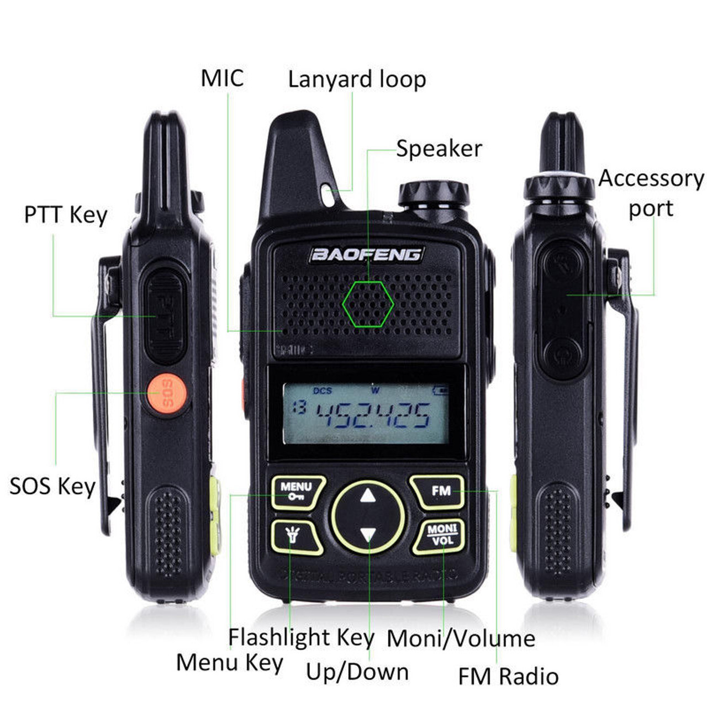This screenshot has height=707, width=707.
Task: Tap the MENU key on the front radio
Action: coord(297,492)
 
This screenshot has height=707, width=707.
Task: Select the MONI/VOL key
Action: coord(441,535)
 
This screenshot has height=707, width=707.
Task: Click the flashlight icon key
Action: coord(295,536)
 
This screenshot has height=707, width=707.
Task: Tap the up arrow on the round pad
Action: coord(368,495)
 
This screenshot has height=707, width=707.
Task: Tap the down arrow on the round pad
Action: coord(368,534)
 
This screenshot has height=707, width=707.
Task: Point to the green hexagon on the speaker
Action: coord(368,304)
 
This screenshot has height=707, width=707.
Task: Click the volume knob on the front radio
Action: coord(434,194)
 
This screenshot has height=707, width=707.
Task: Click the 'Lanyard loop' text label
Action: coord(357,80)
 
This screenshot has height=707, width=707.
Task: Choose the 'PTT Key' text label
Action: coord(66,215)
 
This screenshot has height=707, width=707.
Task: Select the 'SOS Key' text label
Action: coord(52,487)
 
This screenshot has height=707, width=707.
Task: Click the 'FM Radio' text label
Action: coord(508,677)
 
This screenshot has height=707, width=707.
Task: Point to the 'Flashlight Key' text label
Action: coord(301,638)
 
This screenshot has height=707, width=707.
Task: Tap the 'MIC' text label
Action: coord(221,78)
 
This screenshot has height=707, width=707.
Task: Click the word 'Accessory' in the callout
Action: coord(651,179)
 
